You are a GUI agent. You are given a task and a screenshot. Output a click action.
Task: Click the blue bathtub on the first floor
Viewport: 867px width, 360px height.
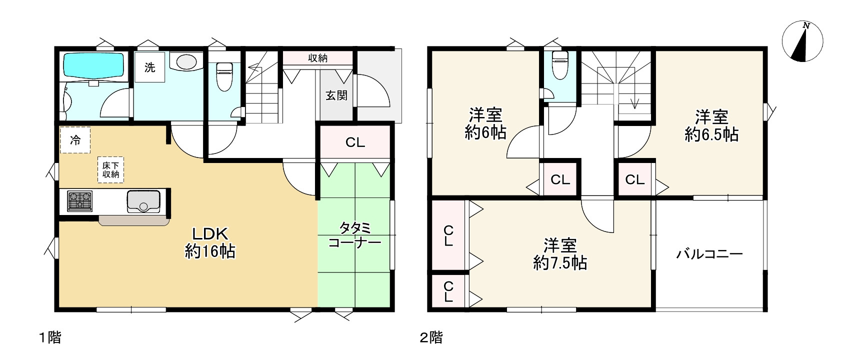[93, 64]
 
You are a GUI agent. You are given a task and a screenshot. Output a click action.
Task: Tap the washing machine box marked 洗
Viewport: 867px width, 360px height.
[149, 67]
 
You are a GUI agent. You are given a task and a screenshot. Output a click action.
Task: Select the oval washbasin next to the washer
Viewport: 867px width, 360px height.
[186, 62]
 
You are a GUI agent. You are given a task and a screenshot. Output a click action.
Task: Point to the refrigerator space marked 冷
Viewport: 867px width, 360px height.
[75, 140]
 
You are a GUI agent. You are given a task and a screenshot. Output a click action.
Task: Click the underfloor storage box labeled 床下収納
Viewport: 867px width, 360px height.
[110, 170]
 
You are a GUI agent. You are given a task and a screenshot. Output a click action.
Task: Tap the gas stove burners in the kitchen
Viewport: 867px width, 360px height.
[80, 201]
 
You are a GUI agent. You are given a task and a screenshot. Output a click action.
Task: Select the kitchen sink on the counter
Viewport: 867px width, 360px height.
[143, 201]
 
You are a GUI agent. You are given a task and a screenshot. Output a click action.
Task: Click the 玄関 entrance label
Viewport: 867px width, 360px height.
[336, 95]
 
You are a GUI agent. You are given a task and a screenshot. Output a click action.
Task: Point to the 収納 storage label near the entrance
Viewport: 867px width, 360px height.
[317, 58]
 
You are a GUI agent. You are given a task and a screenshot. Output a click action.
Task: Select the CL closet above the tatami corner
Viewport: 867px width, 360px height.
[355, 142]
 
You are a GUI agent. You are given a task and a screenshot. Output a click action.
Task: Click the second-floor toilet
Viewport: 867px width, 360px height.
[559, 65]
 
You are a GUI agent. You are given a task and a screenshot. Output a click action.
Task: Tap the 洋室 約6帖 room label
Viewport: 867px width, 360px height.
[485, 124]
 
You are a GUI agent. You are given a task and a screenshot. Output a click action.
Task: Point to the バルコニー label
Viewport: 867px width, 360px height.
[709, 254]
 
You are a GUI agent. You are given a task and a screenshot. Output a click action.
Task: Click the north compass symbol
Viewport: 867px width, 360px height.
[802, 42]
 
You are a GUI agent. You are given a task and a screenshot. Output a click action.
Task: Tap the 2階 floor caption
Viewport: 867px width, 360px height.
[430, 338]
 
